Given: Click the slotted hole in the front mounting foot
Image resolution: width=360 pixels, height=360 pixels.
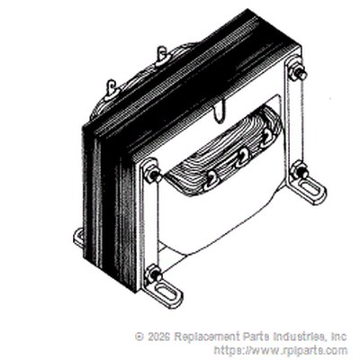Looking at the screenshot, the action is (x=168, y=292).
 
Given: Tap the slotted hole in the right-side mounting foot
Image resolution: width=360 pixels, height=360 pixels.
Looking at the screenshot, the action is (x=311, y=191).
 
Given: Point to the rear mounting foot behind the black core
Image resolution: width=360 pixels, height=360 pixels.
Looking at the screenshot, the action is (x=78, y=238).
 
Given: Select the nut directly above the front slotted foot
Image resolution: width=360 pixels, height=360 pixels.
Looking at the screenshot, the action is (x=153, y=273).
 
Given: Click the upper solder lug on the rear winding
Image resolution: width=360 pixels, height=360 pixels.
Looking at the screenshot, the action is (x=162, y=58).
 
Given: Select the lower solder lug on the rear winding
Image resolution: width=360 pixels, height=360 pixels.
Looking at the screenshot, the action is (x=112, y=90).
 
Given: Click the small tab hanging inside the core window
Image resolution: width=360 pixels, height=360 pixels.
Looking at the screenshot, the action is (x=220, y=112).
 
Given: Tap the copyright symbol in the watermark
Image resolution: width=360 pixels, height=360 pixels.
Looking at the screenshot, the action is (x=139, y=337).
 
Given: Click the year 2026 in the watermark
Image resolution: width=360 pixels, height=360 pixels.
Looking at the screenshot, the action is (x=158, y=337).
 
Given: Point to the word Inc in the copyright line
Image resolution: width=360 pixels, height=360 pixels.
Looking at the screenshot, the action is (x=338, y=337).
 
